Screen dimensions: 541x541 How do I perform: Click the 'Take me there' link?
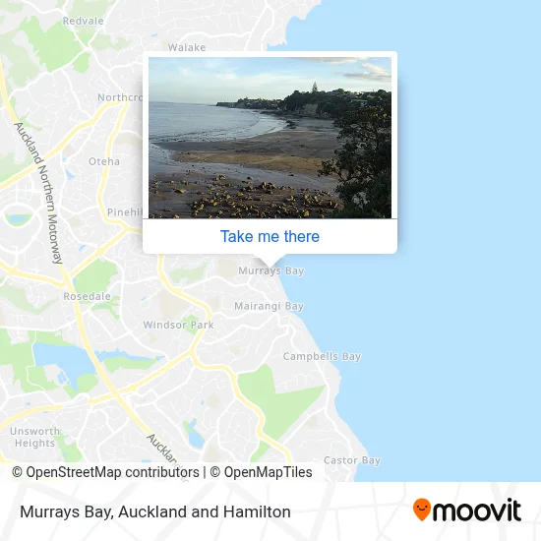tap(270, 236)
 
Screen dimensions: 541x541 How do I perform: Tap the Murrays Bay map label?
tap(271, 270)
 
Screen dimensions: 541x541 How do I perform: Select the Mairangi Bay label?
tap(269, 306)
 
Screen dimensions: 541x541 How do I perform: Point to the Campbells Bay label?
tap(322, 356)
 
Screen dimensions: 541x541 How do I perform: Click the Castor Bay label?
tap(351, 460)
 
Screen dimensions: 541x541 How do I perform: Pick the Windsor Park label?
tap(178, 325)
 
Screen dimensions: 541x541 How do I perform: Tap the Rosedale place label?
tap(87, 296)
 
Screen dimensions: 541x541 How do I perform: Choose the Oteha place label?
tap(104, 161)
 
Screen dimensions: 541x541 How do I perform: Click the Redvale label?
tap(83, 20)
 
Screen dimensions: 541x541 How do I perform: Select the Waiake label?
tap(187, 47)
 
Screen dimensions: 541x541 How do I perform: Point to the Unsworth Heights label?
tap(35, 437)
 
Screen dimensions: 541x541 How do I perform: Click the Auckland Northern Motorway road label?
tap(38, 192)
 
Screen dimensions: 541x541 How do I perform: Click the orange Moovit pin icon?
tap(422, 510)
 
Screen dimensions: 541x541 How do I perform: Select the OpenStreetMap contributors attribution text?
tap(106, 472)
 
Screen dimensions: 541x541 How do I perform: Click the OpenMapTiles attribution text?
tap(261, 472)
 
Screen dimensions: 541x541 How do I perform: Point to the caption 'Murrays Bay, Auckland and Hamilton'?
tap(154, 511)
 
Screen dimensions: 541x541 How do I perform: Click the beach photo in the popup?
tap(270, 138)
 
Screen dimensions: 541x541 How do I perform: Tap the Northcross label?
tap(120, 97)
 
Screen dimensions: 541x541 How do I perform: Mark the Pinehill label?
tap(125, 211)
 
